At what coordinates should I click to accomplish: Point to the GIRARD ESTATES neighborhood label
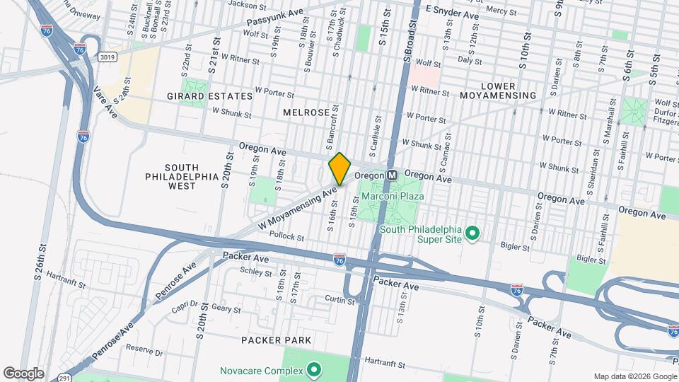pos(209,95)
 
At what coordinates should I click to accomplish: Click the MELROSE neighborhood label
pos(306,112)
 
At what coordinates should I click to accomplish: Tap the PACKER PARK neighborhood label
pos(276,340)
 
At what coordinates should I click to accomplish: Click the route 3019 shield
pos(108,57)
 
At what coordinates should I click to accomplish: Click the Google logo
pos(23,373)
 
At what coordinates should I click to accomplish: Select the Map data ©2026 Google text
pos(634,376)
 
